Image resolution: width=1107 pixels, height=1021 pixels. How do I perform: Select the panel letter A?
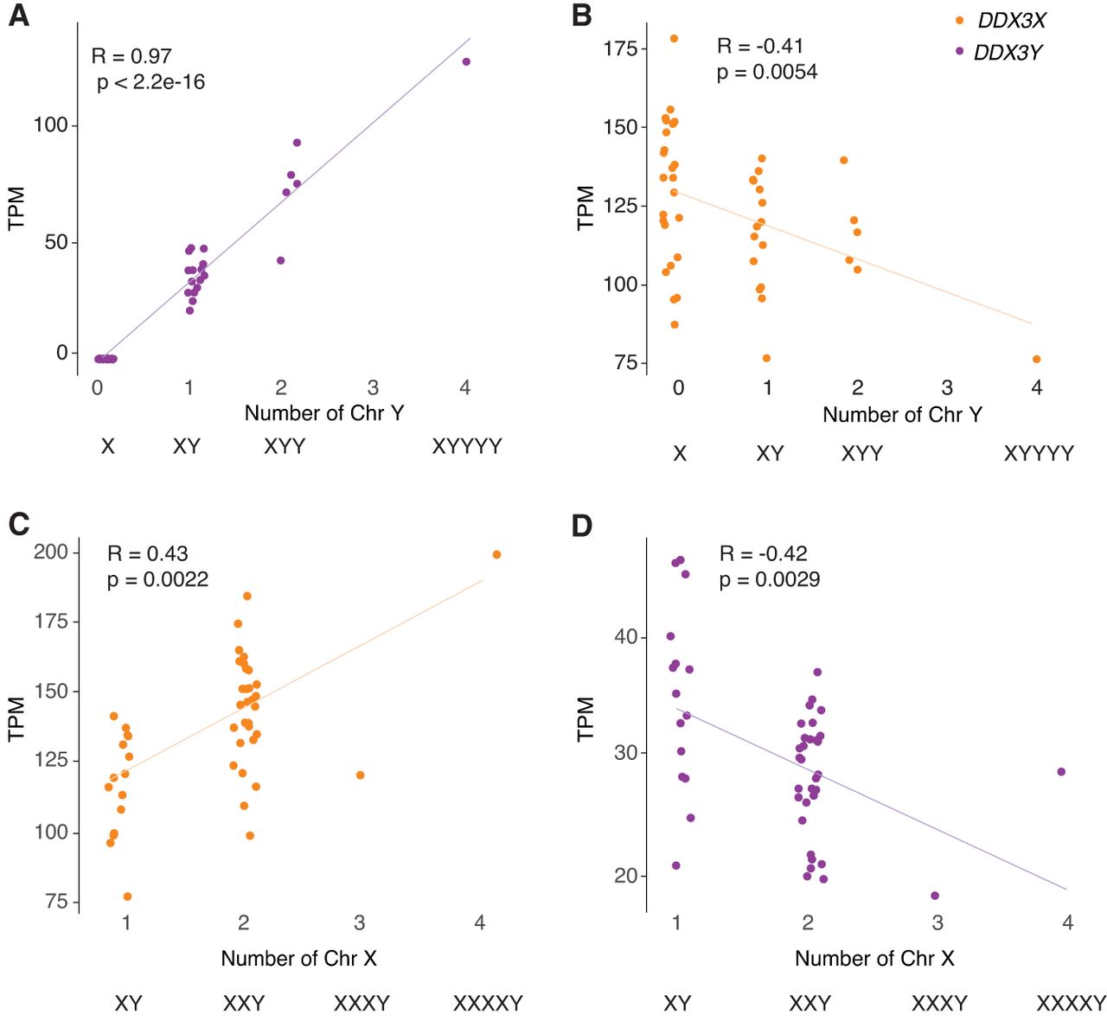(x=18, y=16)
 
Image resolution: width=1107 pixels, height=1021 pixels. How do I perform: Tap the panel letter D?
(x=582, y=526)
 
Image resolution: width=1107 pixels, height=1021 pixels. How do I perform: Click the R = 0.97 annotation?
(x=131, y=56)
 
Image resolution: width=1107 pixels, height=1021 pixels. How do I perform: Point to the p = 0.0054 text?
(x=767, y=72)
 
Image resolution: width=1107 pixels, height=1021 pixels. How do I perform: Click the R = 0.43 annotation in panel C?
(x=147, y=553)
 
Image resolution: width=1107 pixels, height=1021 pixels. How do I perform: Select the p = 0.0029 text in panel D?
(x=770, y=579)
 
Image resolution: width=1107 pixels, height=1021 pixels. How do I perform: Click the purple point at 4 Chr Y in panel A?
(x=466, y=61)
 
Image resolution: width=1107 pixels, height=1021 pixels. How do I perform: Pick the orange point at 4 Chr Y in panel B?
(x=1037, y=359)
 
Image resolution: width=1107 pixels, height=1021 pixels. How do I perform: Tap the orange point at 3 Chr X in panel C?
(x=360, y=775)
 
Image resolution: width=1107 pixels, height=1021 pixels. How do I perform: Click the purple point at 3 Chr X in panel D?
(x=935, y=896)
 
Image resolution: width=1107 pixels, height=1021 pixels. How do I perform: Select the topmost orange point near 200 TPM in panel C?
(x=496, y=554)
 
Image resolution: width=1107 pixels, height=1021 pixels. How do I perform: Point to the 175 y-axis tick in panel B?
(x=620, y=48)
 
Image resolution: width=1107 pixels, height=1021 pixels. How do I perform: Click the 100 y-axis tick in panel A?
(x=50, y=124)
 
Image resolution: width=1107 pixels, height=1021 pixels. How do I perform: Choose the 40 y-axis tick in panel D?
(x=625, y=637)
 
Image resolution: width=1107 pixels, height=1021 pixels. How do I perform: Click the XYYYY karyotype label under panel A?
(x=467, y=446)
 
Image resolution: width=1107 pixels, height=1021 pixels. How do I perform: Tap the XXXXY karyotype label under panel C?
(x=488, y=1004)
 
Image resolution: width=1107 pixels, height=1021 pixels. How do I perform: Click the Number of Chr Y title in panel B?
(x=902, y=415)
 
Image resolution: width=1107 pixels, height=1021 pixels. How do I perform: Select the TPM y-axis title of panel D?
(x=585, y=718)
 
